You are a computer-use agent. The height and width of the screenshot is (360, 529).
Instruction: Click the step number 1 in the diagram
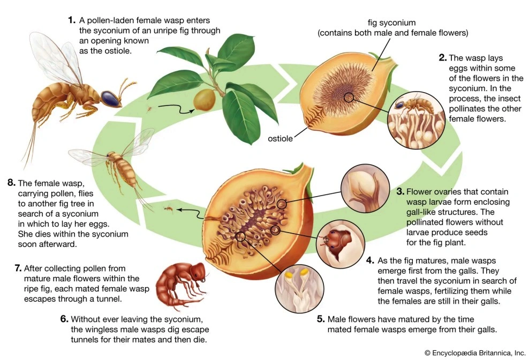71,20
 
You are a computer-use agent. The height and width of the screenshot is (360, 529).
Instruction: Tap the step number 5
321,319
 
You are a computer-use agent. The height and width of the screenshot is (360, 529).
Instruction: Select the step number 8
11,183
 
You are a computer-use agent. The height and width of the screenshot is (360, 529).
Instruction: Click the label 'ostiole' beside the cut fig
280,138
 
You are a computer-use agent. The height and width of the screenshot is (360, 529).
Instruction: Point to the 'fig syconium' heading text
391,23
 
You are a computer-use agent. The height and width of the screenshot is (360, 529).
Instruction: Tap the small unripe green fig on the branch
205,99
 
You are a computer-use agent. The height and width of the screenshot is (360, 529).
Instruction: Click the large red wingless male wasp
182,286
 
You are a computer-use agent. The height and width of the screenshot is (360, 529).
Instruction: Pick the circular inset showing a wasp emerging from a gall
341,244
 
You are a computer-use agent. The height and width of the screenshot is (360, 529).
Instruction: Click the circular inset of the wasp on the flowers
417,120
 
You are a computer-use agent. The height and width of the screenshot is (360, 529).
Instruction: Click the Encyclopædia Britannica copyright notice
475,353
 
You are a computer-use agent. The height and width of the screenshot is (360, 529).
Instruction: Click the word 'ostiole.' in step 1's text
118,51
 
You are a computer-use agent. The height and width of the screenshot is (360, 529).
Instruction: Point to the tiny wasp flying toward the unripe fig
149,109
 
